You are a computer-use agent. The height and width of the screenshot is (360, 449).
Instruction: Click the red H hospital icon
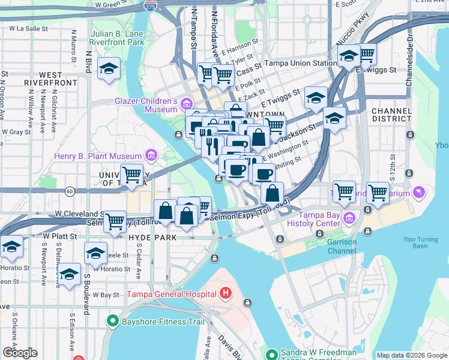click(x=226, y=294)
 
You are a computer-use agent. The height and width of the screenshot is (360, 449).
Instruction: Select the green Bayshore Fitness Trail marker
click(x=112, y=322)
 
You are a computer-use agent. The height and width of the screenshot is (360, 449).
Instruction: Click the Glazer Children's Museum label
click(x=146, y=105)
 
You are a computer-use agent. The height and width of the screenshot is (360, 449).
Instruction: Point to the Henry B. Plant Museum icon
click(x=150, y=157)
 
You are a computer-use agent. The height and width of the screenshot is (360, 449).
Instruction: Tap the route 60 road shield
click(x=70, y=191)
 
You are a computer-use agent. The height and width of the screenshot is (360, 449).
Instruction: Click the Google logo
click(x=20, y=353)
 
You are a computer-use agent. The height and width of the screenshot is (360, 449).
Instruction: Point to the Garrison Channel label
click(x=342, y=246)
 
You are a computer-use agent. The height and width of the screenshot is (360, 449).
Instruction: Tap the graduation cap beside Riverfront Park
click(x=109, y=69)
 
